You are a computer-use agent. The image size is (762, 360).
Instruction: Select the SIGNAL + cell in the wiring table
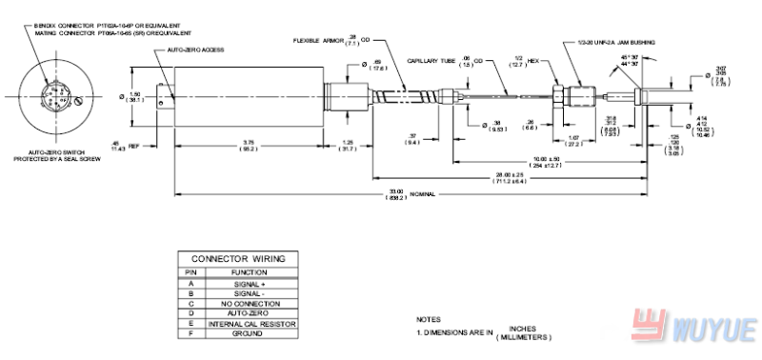251,283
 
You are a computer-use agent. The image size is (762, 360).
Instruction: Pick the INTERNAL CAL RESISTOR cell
251,324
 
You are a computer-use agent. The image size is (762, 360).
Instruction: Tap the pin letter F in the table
190,334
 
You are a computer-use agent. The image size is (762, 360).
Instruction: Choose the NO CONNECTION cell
251,304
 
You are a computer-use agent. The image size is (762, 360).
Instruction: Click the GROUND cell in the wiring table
251,334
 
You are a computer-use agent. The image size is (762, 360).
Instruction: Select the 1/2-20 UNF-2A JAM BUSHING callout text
620,42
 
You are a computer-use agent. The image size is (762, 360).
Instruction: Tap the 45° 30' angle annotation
629,59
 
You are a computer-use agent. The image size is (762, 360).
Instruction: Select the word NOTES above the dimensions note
429,320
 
